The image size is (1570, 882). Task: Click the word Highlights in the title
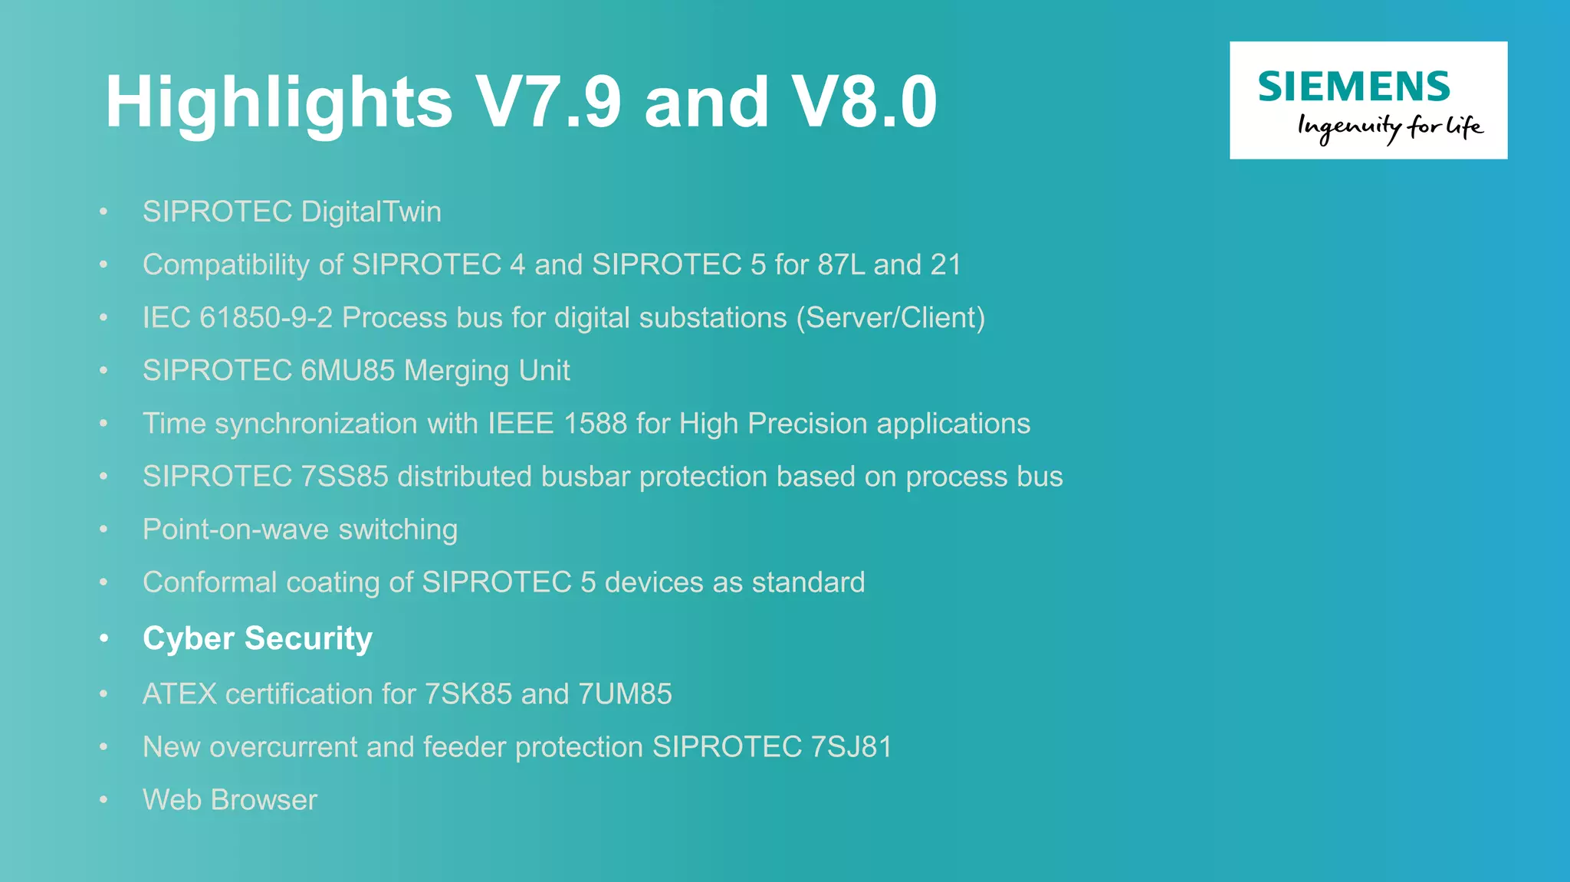point(278,102)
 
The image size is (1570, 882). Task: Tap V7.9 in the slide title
point(547,102)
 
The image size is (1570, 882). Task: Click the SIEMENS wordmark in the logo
point(1354,87)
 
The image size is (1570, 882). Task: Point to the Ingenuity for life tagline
point(1389,127)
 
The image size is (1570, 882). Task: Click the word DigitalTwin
point(371,211)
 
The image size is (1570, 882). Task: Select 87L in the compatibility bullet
point(841,264)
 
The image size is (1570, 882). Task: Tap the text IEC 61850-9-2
point(238,317)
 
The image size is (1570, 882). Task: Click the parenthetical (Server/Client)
point(890,317)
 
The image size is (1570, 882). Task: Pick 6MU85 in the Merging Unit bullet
point(347,370)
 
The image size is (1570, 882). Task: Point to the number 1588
point(595,423)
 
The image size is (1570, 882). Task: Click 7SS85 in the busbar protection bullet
point(344,476)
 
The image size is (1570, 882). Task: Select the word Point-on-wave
point(236,529)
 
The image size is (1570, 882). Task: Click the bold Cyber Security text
point(258,638)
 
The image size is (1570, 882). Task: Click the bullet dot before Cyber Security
point(103,638)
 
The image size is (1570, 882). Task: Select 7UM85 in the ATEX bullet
point(625,693)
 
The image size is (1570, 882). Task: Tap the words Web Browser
point(230,799)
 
